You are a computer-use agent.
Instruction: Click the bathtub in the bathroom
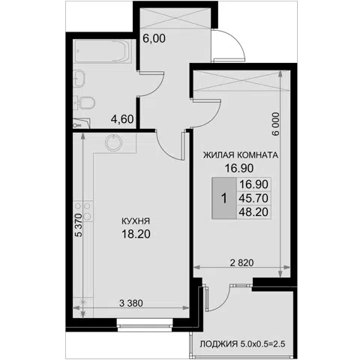pos(103,51)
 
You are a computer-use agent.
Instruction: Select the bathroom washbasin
pos(79,79)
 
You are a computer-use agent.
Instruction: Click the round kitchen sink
pos(114,143)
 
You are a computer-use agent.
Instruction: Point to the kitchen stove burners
pos(82,211)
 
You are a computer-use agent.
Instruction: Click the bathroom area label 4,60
pos(122,119)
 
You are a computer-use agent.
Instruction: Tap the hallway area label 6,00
pos(154,38)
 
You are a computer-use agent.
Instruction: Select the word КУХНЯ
pos(136,221)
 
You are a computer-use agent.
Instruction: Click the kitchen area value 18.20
pos(136,234)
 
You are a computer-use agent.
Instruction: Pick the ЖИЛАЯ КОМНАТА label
pos(241,155)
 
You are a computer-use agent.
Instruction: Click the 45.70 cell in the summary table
pos(253,198)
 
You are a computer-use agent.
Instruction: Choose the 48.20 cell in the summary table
pos(253,212)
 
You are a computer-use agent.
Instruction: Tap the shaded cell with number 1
pos(224,199)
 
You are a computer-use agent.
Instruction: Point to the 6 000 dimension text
pos(275,124)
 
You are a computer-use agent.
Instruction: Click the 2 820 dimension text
pos(241,262)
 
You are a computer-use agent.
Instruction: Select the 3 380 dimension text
pos(131,303)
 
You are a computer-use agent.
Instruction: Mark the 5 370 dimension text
pos(79,225)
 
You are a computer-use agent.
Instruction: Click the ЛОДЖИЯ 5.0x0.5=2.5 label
pos(242,344)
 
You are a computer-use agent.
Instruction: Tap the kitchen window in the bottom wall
pos(145,325)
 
